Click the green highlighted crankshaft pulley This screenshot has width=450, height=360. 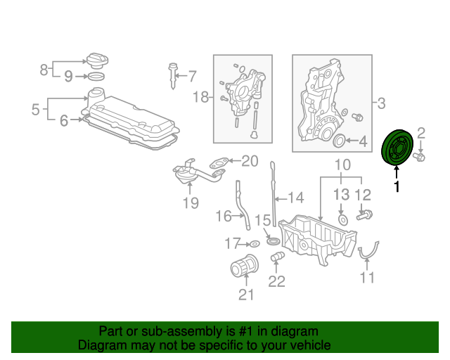tap(397, 148)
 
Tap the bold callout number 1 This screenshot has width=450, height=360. tap(397, 186)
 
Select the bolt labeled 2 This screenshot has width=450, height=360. tap(419, 157)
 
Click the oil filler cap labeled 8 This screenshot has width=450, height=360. tap(97, 60)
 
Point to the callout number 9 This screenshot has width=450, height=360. tap(68, 76)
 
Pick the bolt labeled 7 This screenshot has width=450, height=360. tap(172, 76)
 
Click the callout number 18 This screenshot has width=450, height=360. tap(200, 97)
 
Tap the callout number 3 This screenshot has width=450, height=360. tap(381, 103)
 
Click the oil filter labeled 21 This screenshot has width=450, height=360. tap(245, 266)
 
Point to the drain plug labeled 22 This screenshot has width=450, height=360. tap(277, 257)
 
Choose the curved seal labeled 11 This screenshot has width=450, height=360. tap(368, 250)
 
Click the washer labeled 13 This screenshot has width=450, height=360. tap(343, 220)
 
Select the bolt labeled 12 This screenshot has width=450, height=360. tap(364, 215)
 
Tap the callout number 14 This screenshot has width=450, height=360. tap(295, 198)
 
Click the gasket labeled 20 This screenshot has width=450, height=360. tap(219, 163)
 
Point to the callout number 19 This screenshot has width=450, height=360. tap(191, 203)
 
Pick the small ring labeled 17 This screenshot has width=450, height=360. tap(255, 244)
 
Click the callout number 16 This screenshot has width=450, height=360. tap(224, 216)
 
